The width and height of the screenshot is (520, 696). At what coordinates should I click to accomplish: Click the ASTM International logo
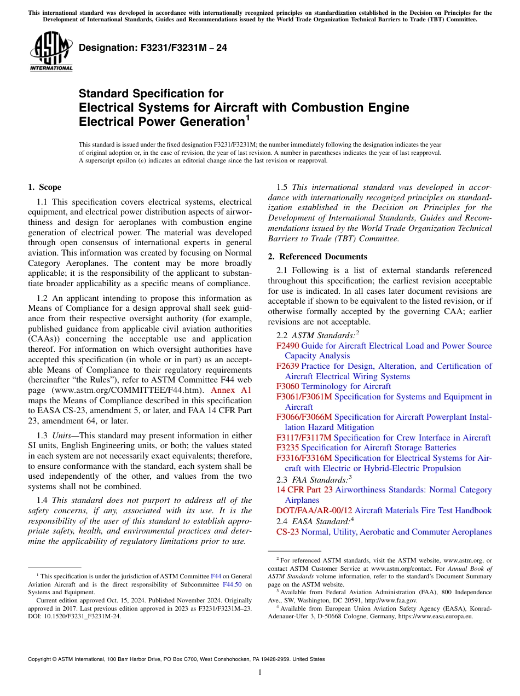(51, 51)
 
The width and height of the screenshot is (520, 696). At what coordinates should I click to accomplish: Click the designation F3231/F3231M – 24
(153, 48)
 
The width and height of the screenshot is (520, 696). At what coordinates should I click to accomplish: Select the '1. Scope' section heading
(44, 187)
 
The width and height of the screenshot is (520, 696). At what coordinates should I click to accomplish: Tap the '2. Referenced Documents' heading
(317, 257)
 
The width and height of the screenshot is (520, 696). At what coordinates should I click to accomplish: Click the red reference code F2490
(288, 346)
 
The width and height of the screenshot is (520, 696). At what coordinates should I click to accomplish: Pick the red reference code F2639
(288, 366)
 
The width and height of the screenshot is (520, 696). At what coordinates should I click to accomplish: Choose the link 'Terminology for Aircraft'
(346, 386)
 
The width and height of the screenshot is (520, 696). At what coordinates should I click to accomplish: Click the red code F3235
(288, 448)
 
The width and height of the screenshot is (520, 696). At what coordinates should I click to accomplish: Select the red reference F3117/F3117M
(304, 438)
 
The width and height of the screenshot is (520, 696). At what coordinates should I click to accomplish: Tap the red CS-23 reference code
(288, 532)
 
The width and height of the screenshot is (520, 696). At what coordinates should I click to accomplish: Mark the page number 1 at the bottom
(259, 672)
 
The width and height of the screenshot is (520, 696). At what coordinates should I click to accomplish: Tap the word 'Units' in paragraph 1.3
(63, 436)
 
